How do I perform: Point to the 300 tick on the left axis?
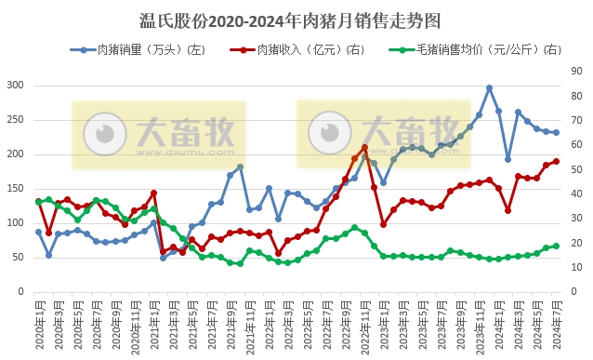tap(14, 85)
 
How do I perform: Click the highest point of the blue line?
tap(489, 87)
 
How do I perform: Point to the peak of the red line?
tap(364, 147)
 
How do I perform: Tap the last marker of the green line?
tap(556, 246)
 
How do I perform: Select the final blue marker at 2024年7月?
tap(556, 132)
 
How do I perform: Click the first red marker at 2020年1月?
tap(38, 202)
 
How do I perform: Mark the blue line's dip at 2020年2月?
tap(48, 254)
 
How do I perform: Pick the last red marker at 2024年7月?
tap(556, 161)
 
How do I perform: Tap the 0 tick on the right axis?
tap(573, 291)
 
